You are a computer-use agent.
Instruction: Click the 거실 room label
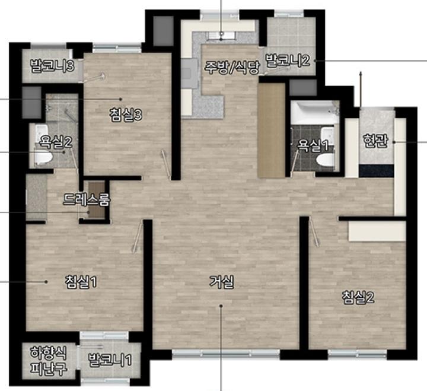coord(221,282)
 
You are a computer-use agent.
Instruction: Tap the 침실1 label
coord(81,282)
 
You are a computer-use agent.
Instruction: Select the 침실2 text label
coord(358,297)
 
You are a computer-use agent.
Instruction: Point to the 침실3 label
coord(126,115)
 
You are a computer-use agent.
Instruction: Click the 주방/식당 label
coord(232,67)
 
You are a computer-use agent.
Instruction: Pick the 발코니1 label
coord(110,360)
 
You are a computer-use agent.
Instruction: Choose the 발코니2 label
coord(288,61)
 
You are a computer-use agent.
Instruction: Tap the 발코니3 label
coord(53,66)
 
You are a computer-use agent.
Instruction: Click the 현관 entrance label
coord(375,141)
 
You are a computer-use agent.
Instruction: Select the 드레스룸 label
coord(87,199)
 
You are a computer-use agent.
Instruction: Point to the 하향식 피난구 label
coord(48,361)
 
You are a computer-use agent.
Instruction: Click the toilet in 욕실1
coord(325,160)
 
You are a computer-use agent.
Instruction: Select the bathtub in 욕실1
coord(315,113)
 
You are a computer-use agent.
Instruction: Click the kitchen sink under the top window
coord(221,36)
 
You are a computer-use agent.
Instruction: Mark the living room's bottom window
coord(226,354)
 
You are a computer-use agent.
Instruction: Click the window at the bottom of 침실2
coord(357,354)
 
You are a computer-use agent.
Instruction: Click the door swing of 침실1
coord(138,236)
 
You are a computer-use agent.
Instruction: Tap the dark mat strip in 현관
coord(377,171)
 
